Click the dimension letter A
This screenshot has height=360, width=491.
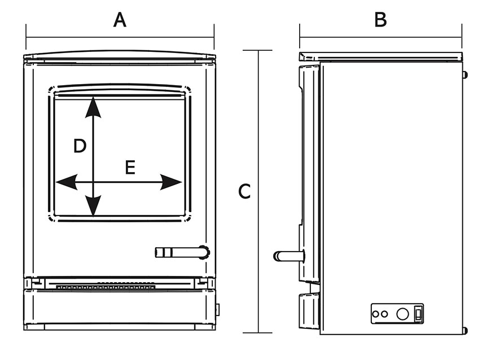click(120, 20)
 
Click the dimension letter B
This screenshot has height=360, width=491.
click(380, 20)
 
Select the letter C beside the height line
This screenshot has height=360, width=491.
click(244, 191)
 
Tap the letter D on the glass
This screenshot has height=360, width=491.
click(80, 147)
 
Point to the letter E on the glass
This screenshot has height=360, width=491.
click(130, 168)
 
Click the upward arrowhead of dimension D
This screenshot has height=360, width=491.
click(93, 107)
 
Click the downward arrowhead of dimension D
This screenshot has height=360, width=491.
click(93, 206)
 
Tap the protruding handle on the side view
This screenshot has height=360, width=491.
click(288, 256)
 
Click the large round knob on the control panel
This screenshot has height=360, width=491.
click(402, 314)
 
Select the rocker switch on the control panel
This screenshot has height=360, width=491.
click(418, 313)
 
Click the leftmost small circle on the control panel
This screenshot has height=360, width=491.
click(376, 314)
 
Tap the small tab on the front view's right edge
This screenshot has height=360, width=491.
click(218, 309)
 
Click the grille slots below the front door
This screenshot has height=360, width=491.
click(106, 287)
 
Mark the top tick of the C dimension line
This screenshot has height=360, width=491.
click(259, 51)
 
